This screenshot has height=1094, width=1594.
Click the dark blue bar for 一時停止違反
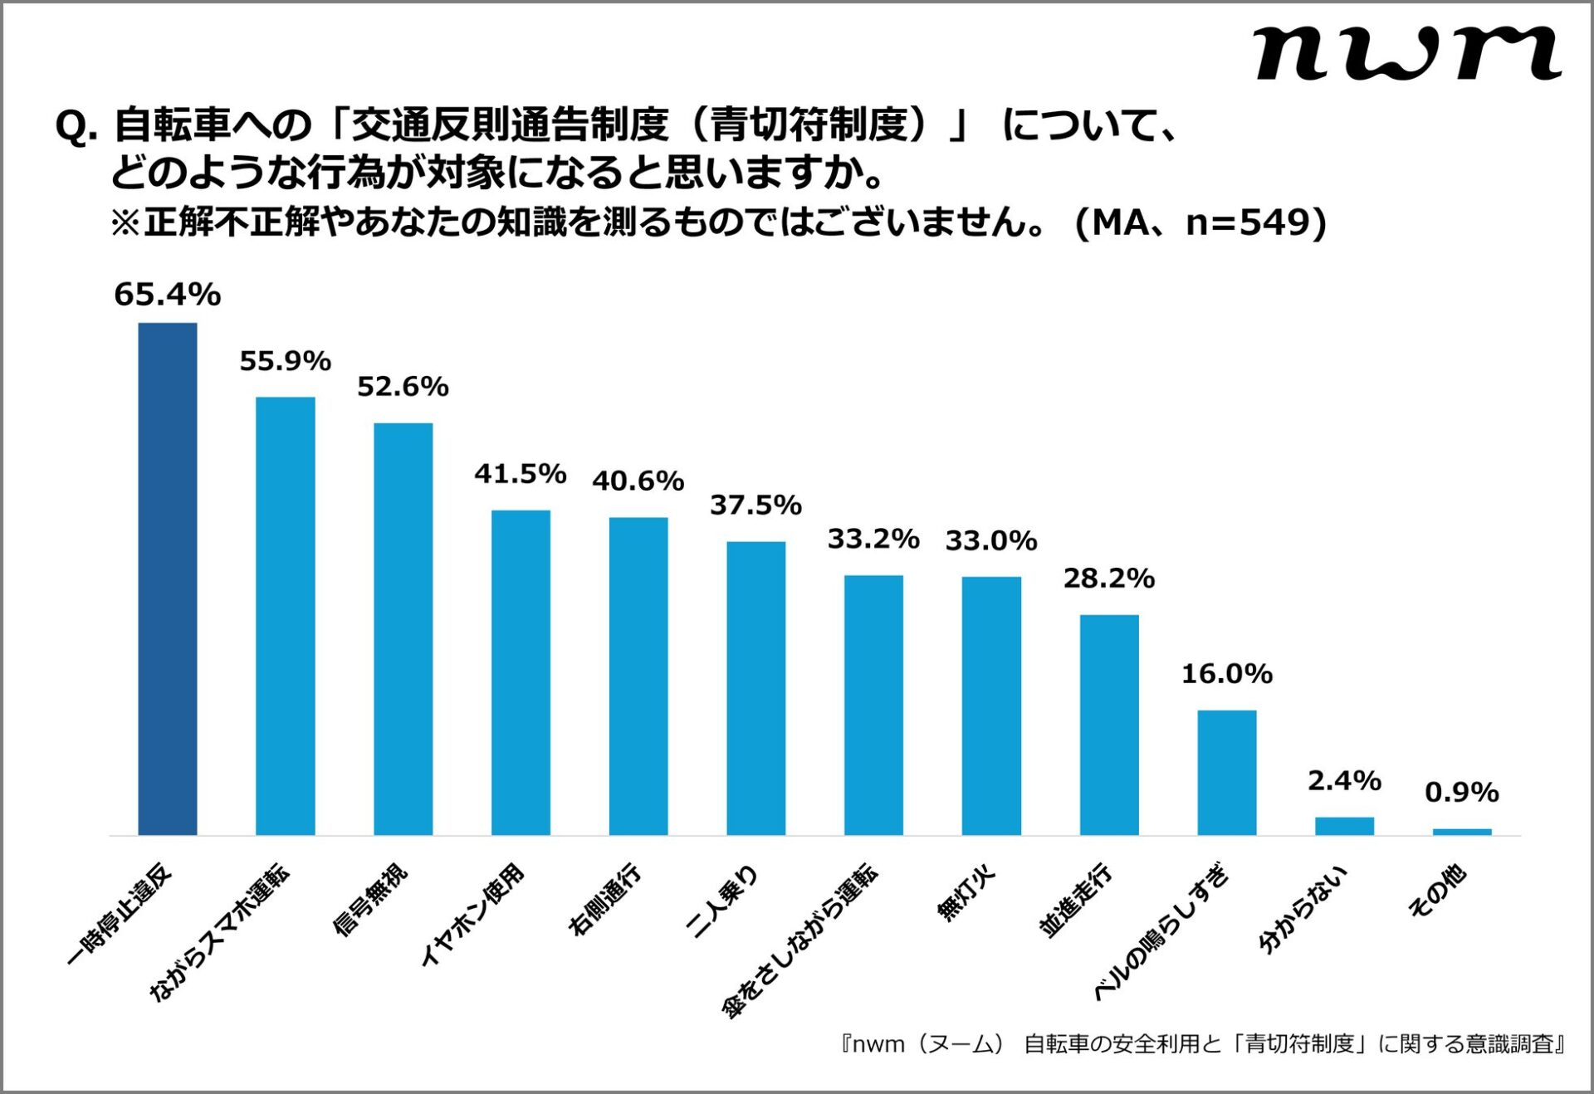point(167,579)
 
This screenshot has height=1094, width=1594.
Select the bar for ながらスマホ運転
point(285,616)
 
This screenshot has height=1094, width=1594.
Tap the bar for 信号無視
point(403,628)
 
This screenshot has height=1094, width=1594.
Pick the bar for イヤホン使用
point(521,672)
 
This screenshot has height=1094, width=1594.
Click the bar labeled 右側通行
point(638,676)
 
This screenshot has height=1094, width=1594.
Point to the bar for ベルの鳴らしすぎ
point(1226,772)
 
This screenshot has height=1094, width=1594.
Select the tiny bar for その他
point(1461,831)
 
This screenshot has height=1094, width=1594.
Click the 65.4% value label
point(167,295)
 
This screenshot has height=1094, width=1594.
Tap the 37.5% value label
point(755,505)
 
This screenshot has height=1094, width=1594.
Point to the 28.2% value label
point(1108,578)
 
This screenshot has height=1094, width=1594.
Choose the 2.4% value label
point(1344,780)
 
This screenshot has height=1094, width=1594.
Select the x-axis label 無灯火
point(966,893)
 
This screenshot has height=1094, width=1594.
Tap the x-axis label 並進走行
point(1075,901)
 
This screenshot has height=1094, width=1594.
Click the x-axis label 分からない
point(1303,910)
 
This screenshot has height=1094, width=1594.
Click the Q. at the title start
point(76,126)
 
